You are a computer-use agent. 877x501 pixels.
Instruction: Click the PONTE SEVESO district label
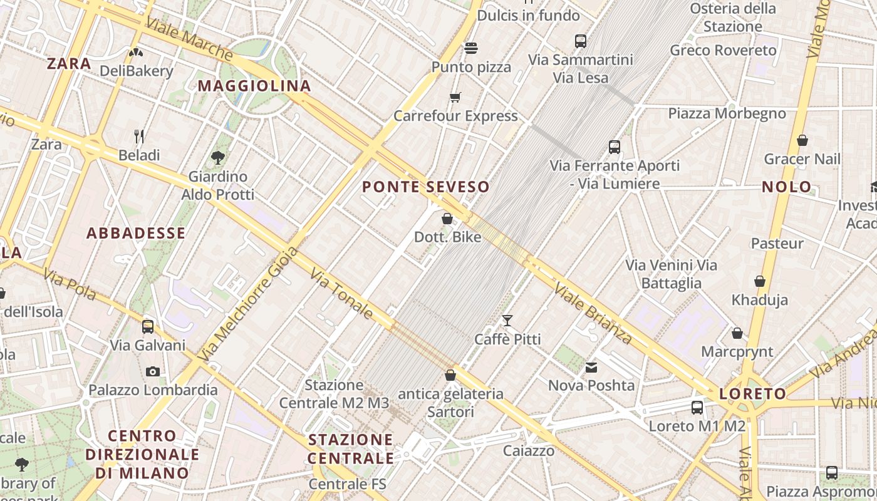pos(426,187)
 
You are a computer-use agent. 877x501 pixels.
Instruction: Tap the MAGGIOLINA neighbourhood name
pos(254,86)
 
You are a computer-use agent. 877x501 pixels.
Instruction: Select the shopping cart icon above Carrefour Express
pos(455,97)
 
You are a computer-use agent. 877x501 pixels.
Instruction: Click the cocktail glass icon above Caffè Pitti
pos(507,321)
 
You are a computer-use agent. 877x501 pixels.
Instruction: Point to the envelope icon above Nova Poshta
pos(591,367)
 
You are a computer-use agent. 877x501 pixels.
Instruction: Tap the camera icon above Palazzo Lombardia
pos(152,371)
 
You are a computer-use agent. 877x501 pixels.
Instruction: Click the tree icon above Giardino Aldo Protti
pos(218,157)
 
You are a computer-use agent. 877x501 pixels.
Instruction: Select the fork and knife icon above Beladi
pos(139,136)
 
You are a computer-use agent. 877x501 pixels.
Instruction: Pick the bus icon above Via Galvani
pos(148,326)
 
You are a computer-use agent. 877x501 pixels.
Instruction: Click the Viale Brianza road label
pos(593,312)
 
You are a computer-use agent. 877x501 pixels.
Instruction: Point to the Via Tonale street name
pos(341,294)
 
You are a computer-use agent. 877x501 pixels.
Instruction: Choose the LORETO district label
pos(752,394)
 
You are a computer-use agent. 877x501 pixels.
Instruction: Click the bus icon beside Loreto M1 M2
pos(697,408)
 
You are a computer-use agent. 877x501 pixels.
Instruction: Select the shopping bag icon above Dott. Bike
pos(447,219)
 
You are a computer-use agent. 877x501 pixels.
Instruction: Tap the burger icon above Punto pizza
pos(471,48)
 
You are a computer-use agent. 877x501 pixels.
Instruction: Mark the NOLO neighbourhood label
pos(787,187)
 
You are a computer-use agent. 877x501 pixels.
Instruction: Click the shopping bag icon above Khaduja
pos(760,281)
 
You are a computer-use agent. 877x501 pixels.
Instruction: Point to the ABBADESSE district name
pos(136,234)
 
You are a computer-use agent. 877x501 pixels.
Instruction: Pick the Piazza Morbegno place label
pos(727,113)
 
